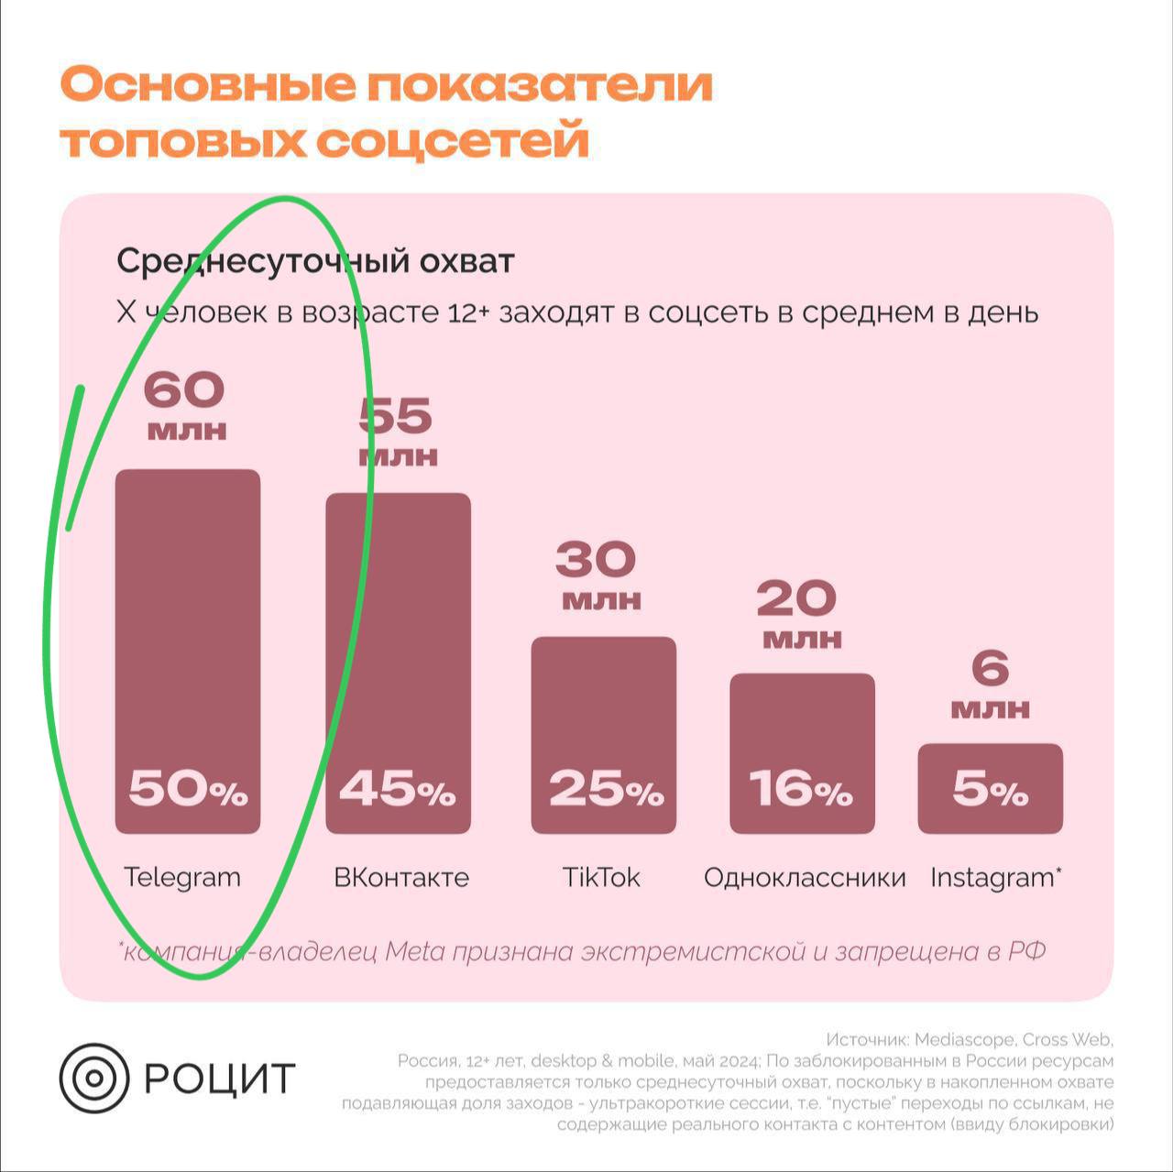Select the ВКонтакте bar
[399, 641]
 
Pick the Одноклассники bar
[802, 733]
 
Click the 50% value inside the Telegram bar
[188, 789]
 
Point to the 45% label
[398, 789]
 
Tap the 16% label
[801, 789]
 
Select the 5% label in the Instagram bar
[990, 789]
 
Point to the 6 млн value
[990, 684]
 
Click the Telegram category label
[182, 878]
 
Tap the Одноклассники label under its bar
[805, 878]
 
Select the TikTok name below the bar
[601, 878]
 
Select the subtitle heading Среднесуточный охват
[315, 262]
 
